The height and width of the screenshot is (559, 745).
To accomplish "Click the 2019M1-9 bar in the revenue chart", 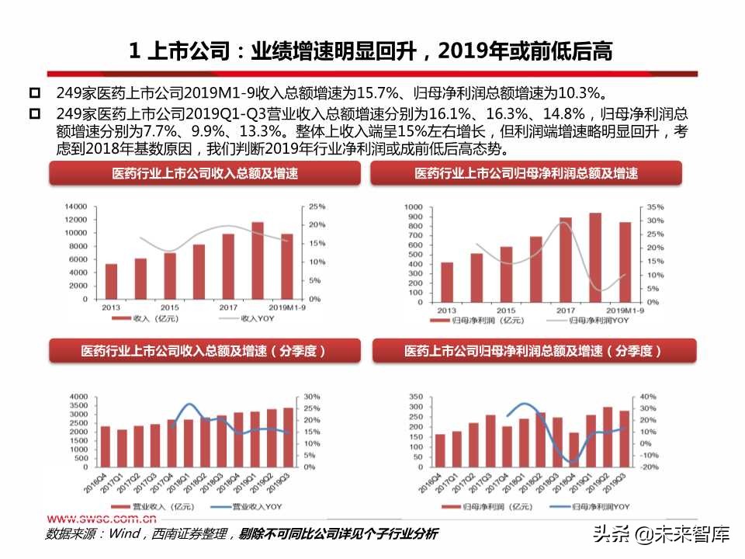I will click(287, 266).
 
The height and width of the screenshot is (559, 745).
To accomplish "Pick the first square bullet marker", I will click(33, 92).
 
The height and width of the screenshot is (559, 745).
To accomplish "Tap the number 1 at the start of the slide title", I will click(135, 52).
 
